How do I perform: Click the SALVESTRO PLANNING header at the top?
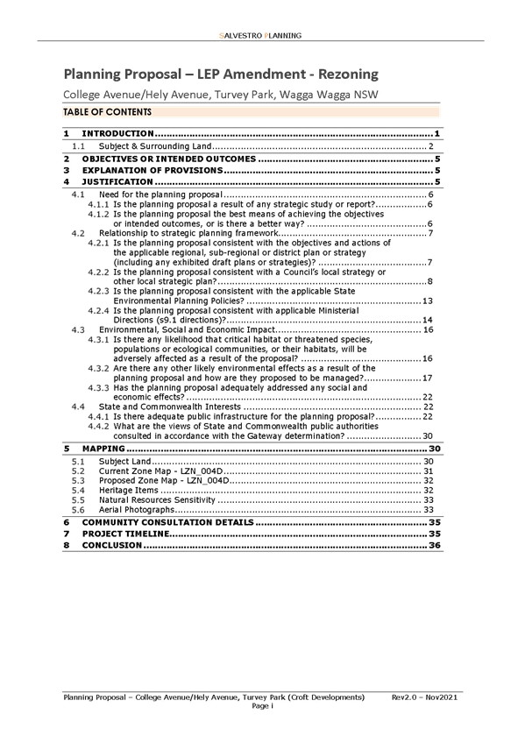(x=260, y=36)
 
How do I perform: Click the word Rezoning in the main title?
(x=348, y=74)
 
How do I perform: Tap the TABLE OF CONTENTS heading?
(x=108, y=112)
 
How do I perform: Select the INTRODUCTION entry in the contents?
(x=118, y=134)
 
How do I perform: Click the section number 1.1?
(x=78, y=146)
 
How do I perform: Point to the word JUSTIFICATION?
(x=117, y=182)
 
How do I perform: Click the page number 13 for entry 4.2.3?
(x=428, y=301)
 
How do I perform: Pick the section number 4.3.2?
(x=98, y=368)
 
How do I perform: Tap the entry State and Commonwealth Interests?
(x=170, y=407)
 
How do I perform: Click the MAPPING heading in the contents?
(x=103, y=449)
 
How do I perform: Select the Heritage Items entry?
(x=129, y=491)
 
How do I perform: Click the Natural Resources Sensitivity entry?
(x=157, y=500)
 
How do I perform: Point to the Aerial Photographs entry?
(x=137, y=510)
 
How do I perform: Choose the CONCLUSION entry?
(x=112, y=545)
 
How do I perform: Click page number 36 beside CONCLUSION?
(x=435, y=545)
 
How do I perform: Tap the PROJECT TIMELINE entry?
(x=126, y=534)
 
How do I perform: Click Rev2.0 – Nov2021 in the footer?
(x=424, y=697)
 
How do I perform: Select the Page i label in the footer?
(x=263, y=706)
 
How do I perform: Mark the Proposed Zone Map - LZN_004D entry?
(x=164, y=481)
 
